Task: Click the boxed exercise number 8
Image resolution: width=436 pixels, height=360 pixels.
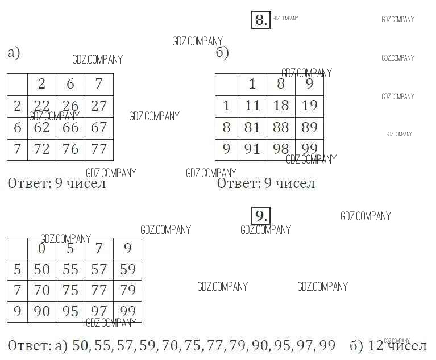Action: (260, 20)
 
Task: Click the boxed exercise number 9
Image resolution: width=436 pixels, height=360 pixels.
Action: (260, 216)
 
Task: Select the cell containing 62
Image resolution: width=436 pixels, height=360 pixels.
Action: (41, 127)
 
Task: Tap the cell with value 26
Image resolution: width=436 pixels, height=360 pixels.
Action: (70, 106)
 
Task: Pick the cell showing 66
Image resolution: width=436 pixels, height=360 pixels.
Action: (70, 127)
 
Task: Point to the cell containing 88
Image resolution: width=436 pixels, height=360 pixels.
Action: (281, 127)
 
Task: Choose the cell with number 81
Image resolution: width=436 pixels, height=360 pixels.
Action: (252, 127)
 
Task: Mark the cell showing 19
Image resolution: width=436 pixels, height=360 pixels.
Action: (309, 106)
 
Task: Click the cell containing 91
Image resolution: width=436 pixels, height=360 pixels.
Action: (252, 149)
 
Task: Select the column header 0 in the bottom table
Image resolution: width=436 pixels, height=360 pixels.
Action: (41, 248)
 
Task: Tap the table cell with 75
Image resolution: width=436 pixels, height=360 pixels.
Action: (70, 290)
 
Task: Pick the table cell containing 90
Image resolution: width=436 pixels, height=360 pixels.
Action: (41, 312)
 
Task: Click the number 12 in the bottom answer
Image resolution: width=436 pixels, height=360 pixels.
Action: (375, 345)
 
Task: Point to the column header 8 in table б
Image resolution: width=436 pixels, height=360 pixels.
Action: (281, 84)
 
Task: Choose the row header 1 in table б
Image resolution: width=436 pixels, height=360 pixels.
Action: (226, 106)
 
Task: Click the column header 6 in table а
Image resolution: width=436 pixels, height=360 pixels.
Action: (70, 84)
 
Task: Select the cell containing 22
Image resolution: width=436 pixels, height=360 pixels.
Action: (41, 106)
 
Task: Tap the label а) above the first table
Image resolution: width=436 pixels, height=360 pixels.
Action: (14, 53)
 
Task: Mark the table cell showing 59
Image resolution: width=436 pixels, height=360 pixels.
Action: (128, 269)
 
